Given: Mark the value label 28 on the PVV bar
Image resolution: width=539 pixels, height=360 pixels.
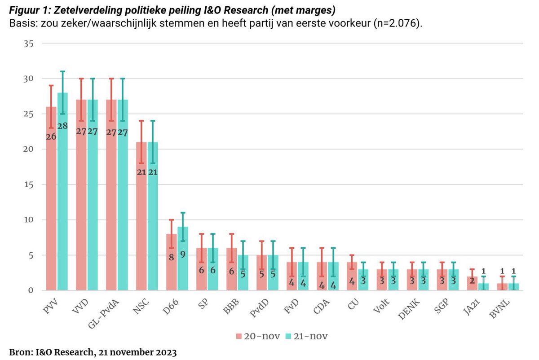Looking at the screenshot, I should click(x=62, y=126).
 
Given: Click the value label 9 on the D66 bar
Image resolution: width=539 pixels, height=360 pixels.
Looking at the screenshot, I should click(x=183, y=254).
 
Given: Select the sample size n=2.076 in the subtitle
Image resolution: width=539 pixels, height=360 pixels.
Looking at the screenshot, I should click(x=395, y=23).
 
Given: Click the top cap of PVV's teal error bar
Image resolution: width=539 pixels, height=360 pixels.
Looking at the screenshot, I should click(x=62, y=71).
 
